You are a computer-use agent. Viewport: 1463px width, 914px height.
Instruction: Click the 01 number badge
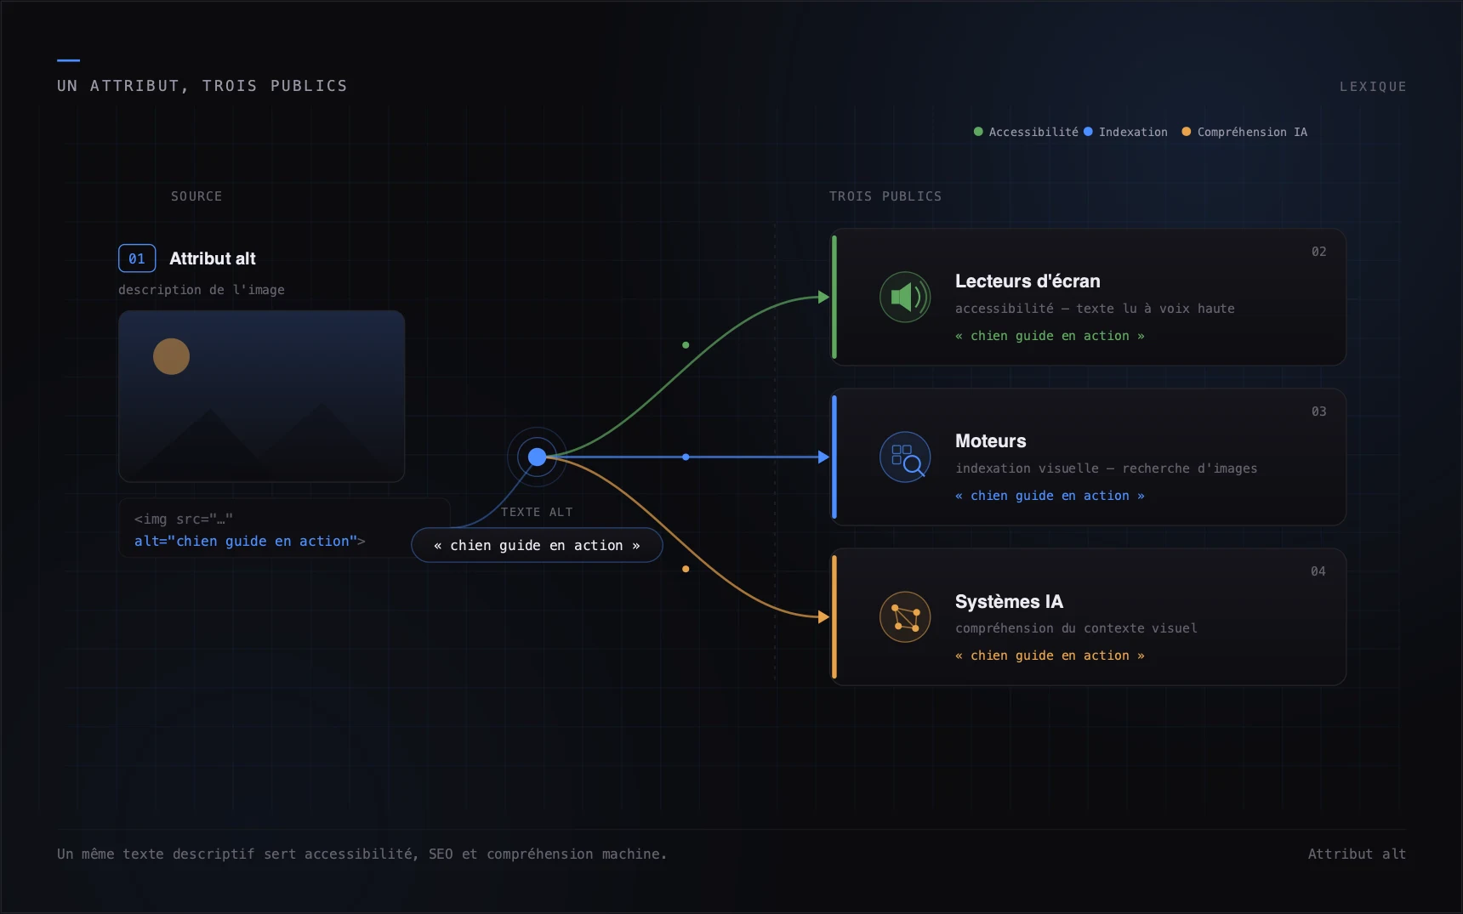coord(137,258)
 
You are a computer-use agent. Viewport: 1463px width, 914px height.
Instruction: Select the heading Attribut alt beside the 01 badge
coord(213,258)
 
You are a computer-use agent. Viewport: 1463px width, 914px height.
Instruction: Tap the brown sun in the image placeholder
coord(171,356)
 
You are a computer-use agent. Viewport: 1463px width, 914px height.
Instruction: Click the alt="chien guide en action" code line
coord(249,541)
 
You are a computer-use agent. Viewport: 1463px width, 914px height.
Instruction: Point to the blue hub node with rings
coord(537,457)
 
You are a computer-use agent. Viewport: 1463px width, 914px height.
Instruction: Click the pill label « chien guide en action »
coord(537,545)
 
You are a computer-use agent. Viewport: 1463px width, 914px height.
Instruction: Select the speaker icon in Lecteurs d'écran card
coord(905,297)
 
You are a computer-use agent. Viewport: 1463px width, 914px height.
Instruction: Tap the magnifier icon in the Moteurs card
coord(905,457)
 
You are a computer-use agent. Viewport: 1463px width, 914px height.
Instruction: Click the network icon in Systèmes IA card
coord(905,616)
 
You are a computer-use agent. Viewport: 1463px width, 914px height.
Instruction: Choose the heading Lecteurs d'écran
coord(1028,281)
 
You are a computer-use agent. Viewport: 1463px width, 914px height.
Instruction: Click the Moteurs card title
coord(991,441)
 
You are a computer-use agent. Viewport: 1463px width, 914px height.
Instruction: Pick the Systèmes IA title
coord(1009,601)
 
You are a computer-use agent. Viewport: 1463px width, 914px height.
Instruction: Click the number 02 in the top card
coord(1318,252)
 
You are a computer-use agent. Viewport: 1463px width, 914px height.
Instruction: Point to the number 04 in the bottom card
coord(1318,571)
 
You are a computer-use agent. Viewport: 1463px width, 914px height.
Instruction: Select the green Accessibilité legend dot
coord(978,132)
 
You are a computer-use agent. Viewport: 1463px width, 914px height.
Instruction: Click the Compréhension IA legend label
coord(1252,132)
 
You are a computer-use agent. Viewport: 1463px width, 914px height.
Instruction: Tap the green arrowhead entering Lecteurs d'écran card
coord(823,297)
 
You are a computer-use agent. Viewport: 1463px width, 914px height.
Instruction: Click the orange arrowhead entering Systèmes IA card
coord(823,616)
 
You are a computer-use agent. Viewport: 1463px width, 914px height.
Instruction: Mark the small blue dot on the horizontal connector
coord(686,457)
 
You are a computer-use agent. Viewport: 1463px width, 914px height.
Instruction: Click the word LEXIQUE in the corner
coord(1373,87)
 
